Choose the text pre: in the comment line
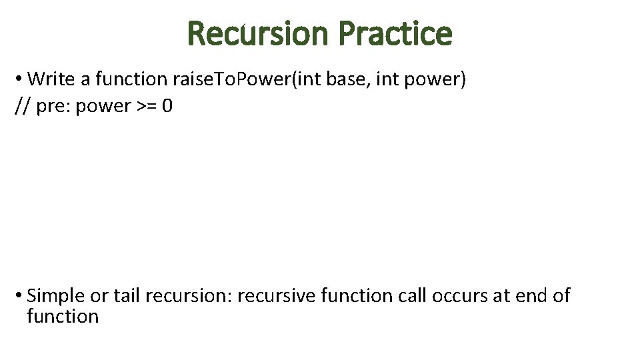(53, 106)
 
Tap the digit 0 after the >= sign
(167, 106)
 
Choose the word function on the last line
(63, 316)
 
